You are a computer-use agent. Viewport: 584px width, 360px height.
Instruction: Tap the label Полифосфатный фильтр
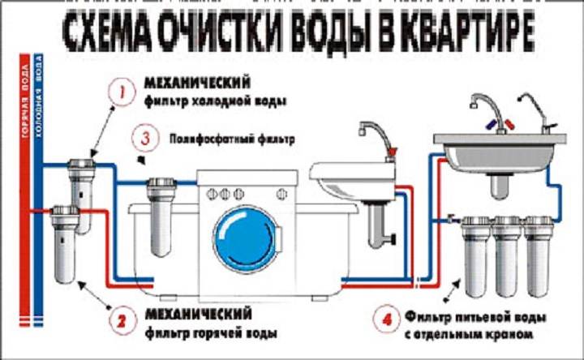(230, 139)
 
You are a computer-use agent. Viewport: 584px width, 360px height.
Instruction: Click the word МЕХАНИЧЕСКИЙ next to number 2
(194, 313)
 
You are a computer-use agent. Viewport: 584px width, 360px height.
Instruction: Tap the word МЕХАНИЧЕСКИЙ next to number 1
(194, 84)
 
